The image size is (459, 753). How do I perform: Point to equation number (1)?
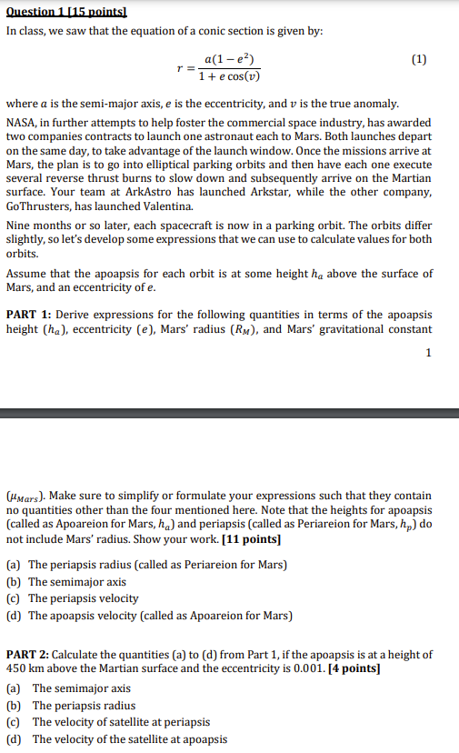click(418, 60)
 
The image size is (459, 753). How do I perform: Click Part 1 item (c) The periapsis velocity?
click(73, 598)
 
